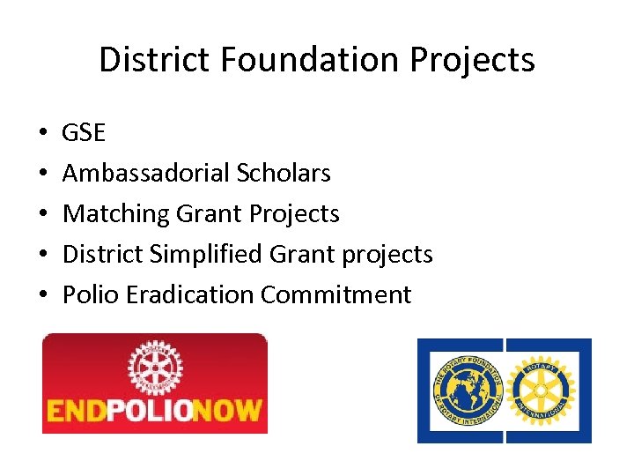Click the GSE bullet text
[84, 133]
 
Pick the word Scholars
[284, 173]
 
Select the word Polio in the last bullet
[91, 294]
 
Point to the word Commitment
[336, 294]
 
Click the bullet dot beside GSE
[42, 134]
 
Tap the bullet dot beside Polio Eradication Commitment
[42, 295]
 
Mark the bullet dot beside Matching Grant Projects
[42, 214]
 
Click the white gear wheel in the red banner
[155, 368]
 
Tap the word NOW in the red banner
[233, 411]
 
